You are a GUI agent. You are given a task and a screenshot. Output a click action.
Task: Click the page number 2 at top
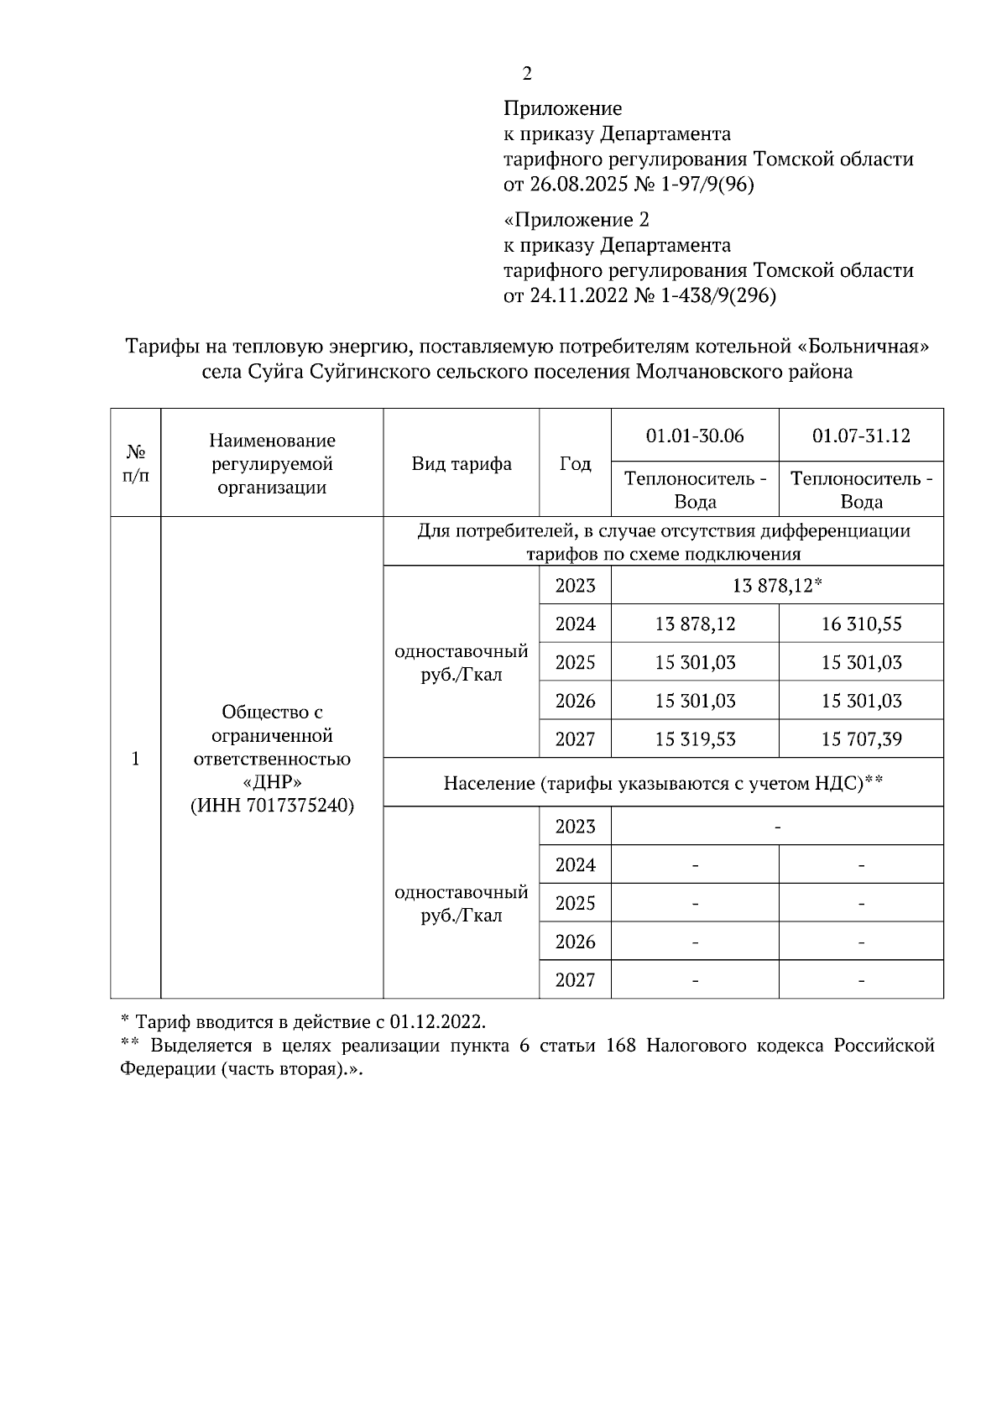(526, 74)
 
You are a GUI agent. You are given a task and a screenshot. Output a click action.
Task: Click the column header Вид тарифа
(462, 464)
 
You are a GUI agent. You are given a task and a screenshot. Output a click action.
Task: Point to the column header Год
(575, 464)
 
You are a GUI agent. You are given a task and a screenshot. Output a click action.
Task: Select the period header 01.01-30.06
(695, 436)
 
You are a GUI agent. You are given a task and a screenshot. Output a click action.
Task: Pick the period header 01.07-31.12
(861, 436)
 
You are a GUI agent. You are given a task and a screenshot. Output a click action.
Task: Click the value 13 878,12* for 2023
(776, 586)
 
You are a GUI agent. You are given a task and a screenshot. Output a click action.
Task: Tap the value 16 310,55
(861, 624)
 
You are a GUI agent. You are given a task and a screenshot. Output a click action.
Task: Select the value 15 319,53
(695, 739)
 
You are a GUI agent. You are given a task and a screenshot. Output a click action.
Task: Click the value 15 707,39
(861, 739)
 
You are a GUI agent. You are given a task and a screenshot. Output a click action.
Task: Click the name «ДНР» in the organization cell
(272, 782)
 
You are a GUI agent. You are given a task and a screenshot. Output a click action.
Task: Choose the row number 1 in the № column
(135, 759)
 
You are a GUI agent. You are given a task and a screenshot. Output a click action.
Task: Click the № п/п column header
(135, 463)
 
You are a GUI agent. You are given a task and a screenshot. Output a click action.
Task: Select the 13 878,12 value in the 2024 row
(695, 624)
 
